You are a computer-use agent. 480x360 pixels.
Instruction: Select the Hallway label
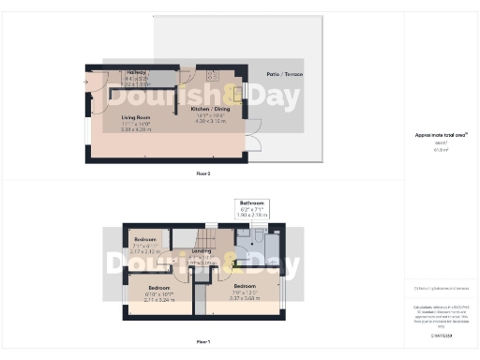[123, 72]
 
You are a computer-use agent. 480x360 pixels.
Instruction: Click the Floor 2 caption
[203, 173]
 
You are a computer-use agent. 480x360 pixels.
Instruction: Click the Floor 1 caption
[203, 342]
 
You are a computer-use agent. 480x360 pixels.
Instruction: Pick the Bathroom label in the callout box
[253, 203]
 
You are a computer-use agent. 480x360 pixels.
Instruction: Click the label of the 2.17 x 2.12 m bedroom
[144, 242]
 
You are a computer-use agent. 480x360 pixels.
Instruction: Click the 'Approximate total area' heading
[440, 135]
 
